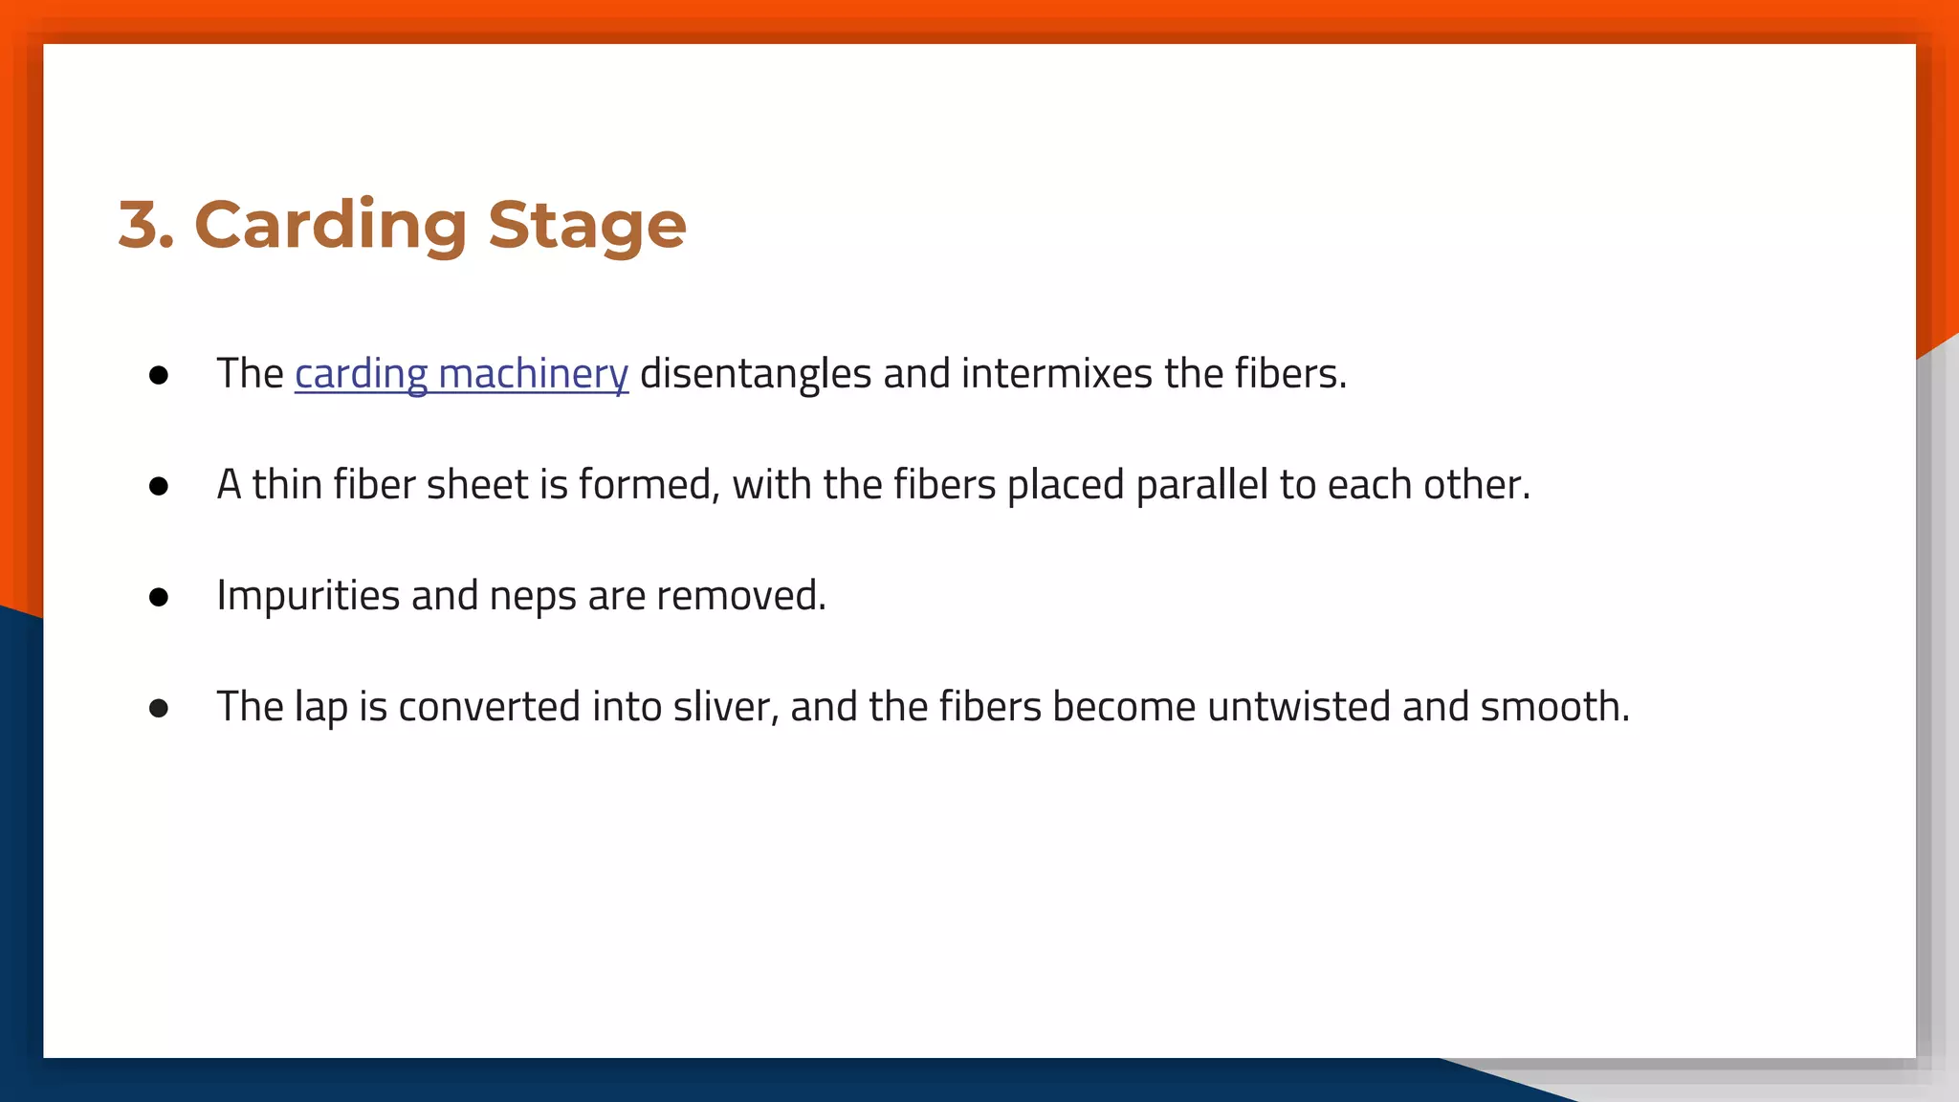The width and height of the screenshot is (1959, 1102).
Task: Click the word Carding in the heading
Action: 330,226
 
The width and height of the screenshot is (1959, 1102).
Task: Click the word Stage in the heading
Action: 586,226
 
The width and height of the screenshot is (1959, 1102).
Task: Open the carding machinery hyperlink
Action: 461,374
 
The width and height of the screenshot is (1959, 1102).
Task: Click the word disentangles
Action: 755,374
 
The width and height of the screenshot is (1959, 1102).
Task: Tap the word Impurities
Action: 308,596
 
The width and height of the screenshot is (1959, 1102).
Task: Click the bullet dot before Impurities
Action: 159,598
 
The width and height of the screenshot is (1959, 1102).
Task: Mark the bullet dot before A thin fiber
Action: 159,487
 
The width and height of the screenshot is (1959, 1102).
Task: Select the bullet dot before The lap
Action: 159,709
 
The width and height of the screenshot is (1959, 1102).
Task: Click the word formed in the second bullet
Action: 649,485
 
